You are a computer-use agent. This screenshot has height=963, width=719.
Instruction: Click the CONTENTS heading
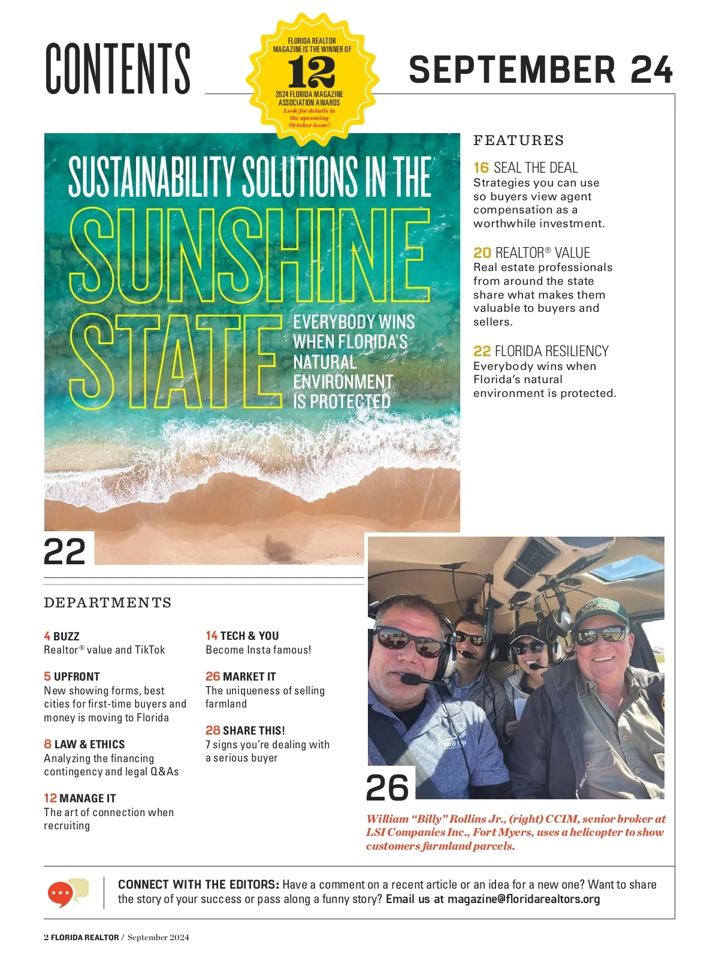118,68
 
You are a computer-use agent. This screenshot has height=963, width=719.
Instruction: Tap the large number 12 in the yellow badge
311,73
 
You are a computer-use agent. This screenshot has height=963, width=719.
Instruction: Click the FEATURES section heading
518,141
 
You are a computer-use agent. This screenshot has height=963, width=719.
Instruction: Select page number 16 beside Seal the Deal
481,168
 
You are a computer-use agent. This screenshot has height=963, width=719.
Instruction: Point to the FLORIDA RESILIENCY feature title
551,351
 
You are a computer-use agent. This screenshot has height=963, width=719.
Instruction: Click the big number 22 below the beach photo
65,552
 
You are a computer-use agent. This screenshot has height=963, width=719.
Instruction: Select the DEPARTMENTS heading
108,603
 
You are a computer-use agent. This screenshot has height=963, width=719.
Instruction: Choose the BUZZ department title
66,636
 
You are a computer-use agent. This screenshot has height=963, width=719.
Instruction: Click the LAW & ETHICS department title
89,744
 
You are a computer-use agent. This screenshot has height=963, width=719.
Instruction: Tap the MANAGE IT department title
87,798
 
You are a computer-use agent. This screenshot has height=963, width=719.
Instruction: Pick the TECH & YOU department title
249,636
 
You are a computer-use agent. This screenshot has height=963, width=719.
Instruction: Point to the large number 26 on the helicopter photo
387,787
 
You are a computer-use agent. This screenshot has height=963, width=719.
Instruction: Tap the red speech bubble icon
61,893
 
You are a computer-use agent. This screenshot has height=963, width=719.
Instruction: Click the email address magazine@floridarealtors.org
523,899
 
